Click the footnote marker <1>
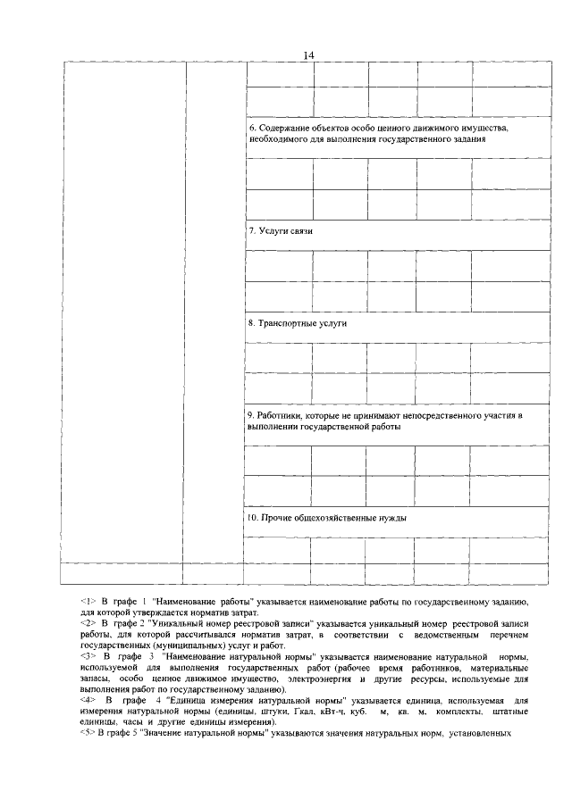tap(88, 603)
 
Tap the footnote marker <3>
tap(88, 658)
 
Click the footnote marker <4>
tap(88, 701)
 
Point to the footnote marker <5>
tap(88, 734)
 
